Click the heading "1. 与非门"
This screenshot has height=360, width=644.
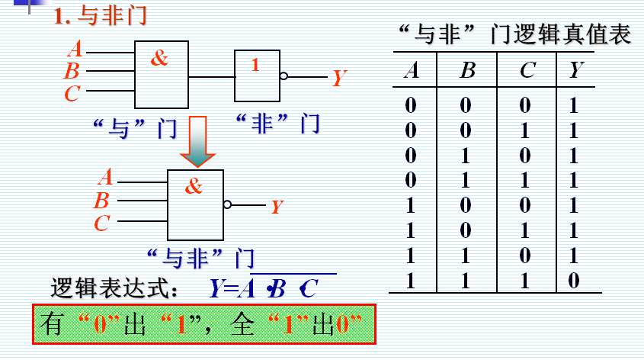(x=100, y=16)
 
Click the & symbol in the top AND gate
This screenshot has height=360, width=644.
(x=159, y=59)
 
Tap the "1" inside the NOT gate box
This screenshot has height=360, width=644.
(x=255, y=66)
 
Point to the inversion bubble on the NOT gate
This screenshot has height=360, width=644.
(x=284, y=76)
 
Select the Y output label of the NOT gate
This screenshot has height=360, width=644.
(x=339, y=78)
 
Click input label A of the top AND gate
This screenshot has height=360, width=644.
(x=75, y=50)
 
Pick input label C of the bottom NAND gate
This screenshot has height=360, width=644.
(x=102, y=223)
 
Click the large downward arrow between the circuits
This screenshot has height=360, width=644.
(x=198, y=141)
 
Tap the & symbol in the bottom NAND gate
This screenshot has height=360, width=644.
(x=194, y=186)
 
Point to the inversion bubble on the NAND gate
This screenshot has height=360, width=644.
(x=227, y=204)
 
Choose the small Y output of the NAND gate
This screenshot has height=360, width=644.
(x=277, y=207)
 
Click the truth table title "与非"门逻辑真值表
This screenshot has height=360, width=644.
(x=514, y=34)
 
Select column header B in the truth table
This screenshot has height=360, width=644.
(x=468, y=71)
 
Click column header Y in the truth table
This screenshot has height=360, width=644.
(x=577, y=71)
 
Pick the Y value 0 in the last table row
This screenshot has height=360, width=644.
(x=574, y=281)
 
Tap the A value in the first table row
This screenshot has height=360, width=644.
(x=411, y=104)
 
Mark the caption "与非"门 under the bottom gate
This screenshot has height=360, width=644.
(x=200, y=256)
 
